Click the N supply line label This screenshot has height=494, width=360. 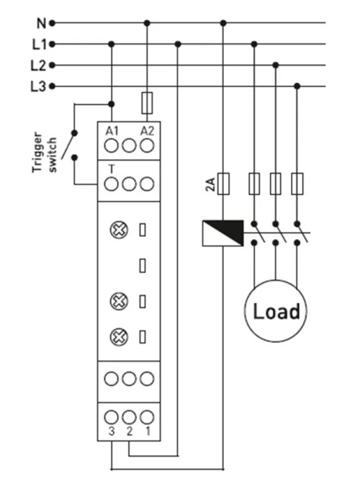(41, 23)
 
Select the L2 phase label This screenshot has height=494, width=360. (38, 66)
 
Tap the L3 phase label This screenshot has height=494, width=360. (38, 86)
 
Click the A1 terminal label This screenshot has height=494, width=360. (112, 131)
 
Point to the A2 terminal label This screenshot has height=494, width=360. (147, 131)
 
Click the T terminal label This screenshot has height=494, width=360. (112, 169)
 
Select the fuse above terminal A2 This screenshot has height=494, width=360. (147, 103)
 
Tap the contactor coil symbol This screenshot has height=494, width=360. (223, 233)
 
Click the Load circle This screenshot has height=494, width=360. (276, 311)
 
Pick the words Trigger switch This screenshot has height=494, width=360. (45, 153)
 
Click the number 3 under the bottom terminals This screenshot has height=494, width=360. (112, 431)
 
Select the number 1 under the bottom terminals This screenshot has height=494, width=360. (148, 431)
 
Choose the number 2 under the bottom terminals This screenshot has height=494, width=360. (130, 431)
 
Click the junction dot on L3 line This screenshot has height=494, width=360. (297, 86)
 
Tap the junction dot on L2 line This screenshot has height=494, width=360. (276, 66)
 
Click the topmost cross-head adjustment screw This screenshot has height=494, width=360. (119, 230)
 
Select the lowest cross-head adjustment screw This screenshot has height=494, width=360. (119, 337)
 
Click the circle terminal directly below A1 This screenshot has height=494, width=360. (112, 146)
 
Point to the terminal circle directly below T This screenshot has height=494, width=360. (112, 184)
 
